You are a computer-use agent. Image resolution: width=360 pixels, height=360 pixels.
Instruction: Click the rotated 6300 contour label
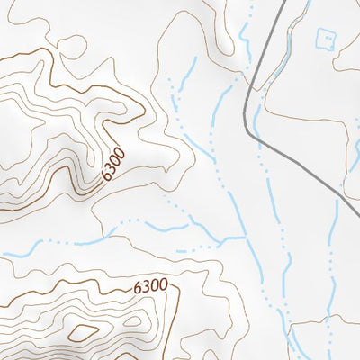(x=112, y=163)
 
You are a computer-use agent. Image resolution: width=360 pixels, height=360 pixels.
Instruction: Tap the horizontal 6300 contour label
(x=150, y=287)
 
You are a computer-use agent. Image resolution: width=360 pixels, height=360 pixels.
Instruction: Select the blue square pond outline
(x=326, y=39)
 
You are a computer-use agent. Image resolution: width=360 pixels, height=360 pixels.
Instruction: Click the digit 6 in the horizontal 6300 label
(x=138, y=287)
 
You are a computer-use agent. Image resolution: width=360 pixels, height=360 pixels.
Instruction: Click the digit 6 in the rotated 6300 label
(x=106, y=174)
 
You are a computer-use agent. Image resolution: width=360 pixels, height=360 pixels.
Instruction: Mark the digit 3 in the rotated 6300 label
(x=110, y=166)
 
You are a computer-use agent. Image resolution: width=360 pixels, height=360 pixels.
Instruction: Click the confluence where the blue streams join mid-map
(x=246, y=237)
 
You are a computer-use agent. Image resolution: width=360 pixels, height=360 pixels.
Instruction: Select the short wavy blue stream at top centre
(x=244, y=31)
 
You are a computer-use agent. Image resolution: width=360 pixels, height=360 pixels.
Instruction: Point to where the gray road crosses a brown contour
(x=256, y=88)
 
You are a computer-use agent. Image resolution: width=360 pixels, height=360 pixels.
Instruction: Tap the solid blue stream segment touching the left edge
(x=13, y=255)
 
